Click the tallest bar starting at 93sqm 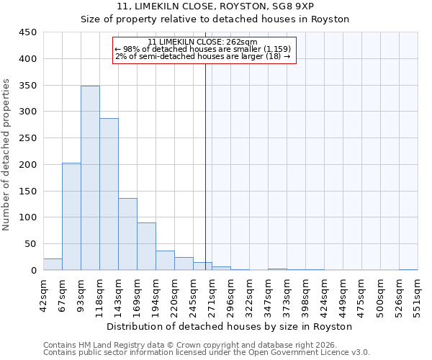tap(90, 178)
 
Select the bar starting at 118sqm tap(109, 194)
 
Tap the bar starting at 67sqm tap(71, 216)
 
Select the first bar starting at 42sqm tap(53, 264)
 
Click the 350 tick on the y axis tap(29, 86)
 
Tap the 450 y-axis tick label tap(29, 32)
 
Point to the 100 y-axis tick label tap(29, 217)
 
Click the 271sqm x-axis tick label tap(212, 294)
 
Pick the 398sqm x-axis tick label tap(305, 294)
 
